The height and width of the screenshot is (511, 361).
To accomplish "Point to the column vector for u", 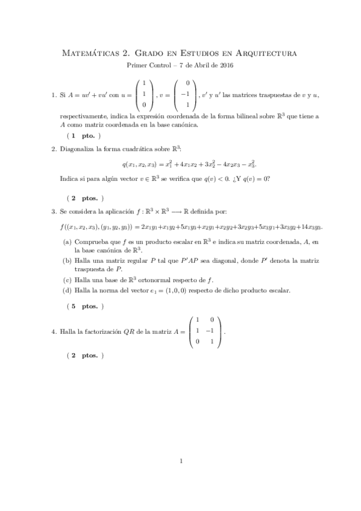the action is pyautogui.click(x=143, y=94).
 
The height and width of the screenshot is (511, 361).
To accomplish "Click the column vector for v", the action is pyautogui.click(x=188, y=94).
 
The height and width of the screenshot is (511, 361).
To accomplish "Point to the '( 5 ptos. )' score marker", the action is pyautogui.click(x=85, y=307).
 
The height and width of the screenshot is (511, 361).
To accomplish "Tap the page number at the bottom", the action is pyautogui.click(x=181, y=462).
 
